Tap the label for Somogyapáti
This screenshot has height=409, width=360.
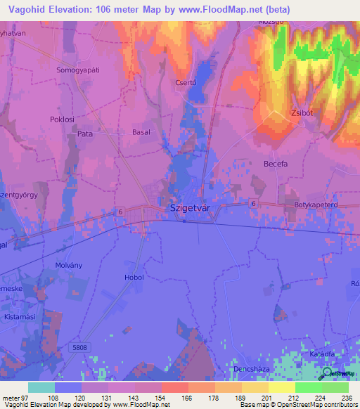pos(78,70)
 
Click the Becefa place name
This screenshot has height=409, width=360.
pos(276,164)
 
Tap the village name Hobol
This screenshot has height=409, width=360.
pos(134,278)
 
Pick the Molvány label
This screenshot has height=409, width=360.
pos(69,265)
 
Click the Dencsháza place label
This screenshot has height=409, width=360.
pos(251,368)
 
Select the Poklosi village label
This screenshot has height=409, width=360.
pos(62,119)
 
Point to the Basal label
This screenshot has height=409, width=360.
pos(141,132)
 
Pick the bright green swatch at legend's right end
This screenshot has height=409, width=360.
pos(335,387)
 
